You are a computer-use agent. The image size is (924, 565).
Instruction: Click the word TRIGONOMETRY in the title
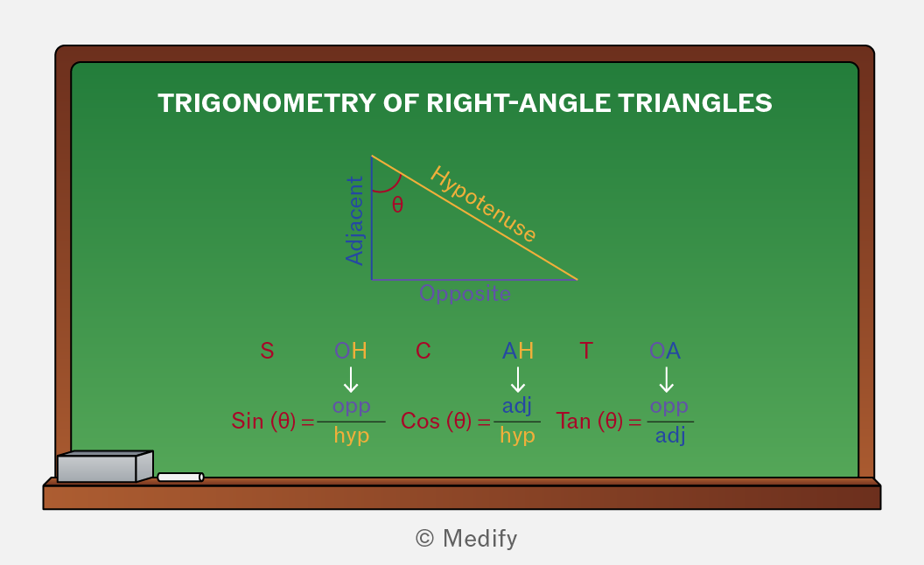[267, 103]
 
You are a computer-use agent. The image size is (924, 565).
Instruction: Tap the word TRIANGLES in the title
[695, 103]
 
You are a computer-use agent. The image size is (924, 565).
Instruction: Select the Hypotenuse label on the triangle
[483, 204]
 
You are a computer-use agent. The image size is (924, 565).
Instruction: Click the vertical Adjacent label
[354, 221]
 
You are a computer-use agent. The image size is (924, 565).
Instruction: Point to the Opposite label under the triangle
[465, 293]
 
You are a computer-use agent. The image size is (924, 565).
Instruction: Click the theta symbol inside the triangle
[398, 205]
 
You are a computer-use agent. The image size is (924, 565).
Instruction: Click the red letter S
[267, 351]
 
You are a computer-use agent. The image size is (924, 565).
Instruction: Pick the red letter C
[423, 351]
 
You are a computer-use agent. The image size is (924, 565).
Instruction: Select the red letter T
[585, 351]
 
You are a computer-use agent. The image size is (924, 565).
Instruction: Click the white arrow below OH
[351, 380]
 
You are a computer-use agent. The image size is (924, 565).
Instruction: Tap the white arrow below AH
[517, 380]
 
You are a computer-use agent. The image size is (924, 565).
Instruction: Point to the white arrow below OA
[666, 380]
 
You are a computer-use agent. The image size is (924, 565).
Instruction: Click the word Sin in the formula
[247, 422]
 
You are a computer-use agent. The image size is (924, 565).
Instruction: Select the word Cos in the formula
[420, 422]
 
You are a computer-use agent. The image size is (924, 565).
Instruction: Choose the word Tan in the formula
[573, 422]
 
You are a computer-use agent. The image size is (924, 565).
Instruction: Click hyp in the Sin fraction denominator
[351, 436]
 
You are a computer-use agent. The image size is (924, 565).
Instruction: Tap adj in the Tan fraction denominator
[670, 436]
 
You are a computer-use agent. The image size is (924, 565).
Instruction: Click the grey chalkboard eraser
[105, 467]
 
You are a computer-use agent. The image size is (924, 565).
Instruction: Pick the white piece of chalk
[181, 478]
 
